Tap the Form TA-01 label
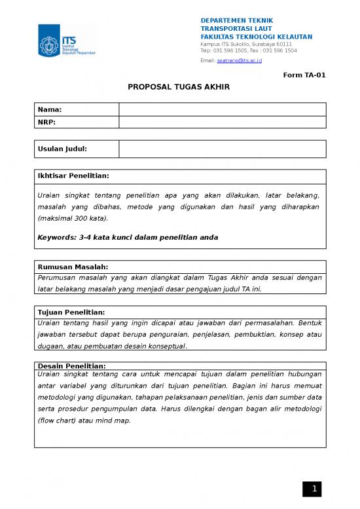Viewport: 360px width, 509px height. pos(304,75)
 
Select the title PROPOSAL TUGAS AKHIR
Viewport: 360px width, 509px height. pos(179,86)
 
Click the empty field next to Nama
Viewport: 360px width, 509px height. pos(222,109)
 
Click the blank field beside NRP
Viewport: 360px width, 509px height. pos(222,123)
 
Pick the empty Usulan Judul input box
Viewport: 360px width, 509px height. pos(222,149)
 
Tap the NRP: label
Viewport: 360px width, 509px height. pos(48,123)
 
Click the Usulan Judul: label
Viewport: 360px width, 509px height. pos(63,149)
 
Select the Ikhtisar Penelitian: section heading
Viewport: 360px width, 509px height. pos(73,176)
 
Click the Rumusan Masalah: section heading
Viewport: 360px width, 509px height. pos(73,267)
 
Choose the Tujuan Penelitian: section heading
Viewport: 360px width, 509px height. pos(71,312)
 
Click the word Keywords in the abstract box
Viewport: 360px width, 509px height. pos(58,237)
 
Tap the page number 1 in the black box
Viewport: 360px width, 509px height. pos(314,489)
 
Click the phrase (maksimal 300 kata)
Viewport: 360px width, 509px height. pos(73,218)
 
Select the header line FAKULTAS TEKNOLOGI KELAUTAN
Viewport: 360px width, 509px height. pos(256,37)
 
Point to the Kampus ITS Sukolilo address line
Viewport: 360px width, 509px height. pos(246,44)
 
